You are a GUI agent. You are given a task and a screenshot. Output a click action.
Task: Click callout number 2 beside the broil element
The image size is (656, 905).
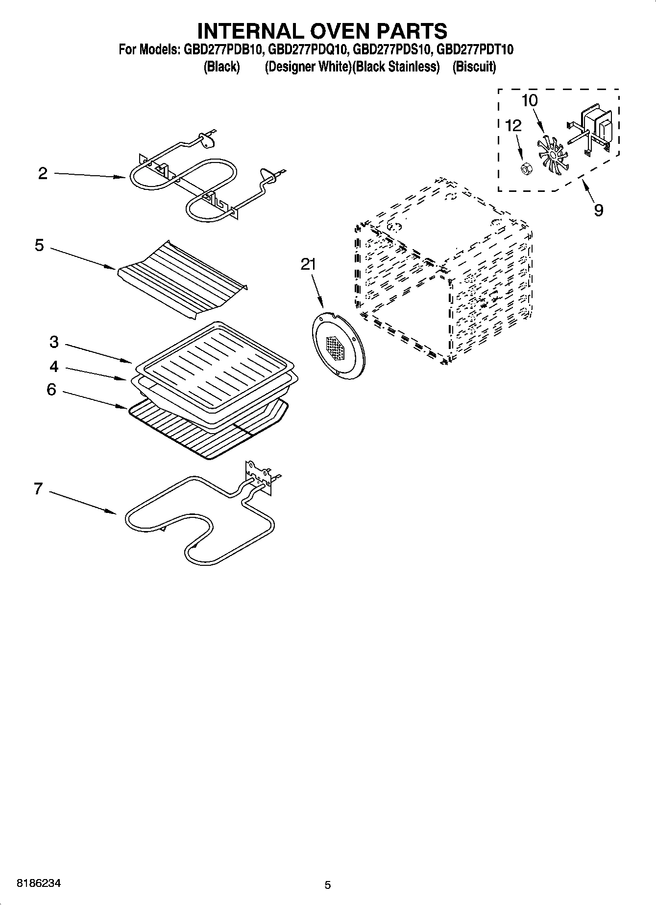pos(43,173)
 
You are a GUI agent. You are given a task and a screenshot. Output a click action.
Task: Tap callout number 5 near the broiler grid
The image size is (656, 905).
pos(40,245)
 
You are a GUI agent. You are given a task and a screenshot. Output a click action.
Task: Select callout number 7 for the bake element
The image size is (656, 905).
pos(38,488)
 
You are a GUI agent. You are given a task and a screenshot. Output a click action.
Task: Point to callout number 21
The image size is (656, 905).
pos(308,265)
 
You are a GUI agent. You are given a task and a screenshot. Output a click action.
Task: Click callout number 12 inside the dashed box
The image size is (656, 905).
pos(513,126)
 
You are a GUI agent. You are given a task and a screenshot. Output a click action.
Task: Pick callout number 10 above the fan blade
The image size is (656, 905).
pos(530,101)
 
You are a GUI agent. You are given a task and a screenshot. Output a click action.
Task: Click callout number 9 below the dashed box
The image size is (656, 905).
pos(598,210)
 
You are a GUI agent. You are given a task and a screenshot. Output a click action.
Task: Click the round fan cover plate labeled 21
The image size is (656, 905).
pos(338,346)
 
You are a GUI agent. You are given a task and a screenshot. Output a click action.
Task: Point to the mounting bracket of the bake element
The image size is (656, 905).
pos(259,475)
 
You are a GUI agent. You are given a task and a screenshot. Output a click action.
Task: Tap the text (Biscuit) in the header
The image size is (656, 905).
pos(474,67)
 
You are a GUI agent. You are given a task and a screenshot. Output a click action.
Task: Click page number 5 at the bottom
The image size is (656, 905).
pos(328,885)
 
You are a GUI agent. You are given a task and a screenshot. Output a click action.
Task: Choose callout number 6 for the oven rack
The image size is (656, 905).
pos(51,390)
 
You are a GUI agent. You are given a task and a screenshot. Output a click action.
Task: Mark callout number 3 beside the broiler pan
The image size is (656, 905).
pos(54,342)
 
